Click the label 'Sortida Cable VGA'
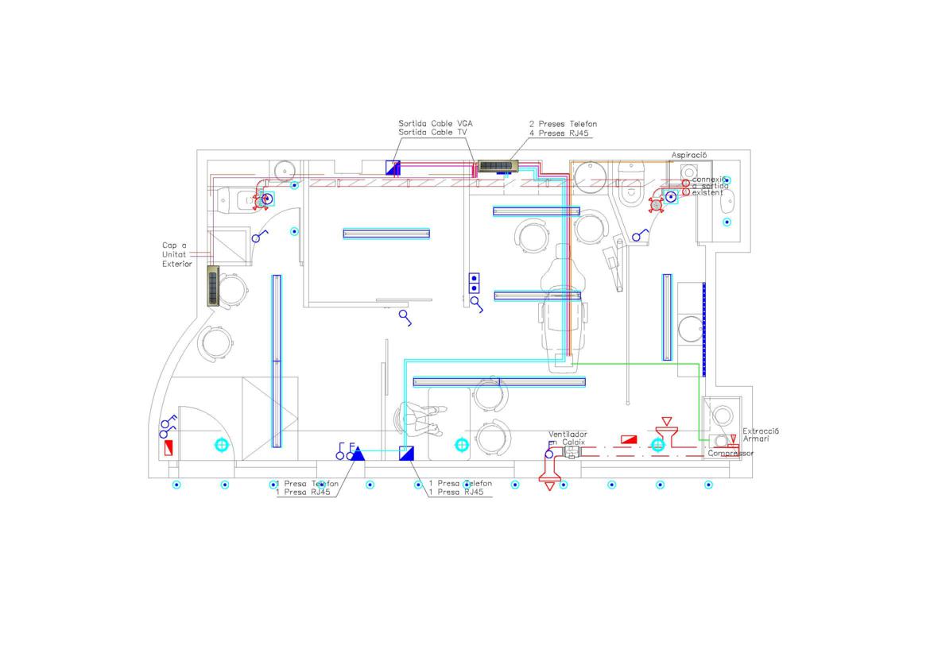click(x=436, y=124)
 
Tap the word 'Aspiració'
click(x=689, y=155)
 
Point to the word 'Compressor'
click(x=730, y=454)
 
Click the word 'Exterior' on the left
click(x=177, y=264)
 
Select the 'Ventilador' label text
click(x=568, y=435)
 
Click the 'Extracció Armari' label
click(x=761, y=435)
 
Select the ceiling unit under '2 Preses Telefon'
click(x=498, y=167)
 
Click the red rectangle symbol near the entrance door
click(x=168, y=447)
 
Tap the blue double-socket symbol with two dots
click(x=475, y=284)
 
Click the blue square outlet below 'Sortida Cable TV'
click(x=393, y=168)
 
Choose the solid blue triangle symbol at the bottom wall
click(x=358, y=454)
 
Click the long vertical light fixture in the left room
click(x=277, y=361)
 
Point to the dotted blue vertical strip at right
click(x=703, y=329)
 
